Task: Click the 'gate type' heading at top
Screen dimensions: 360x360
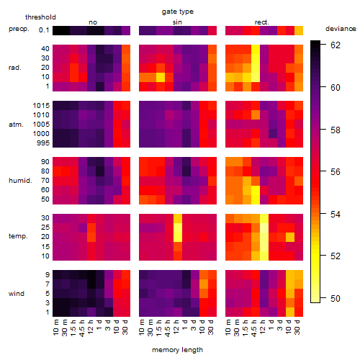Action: click(x=178, y=12)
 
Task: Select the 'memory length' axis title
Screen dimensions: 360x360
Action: click(x=177, y=350)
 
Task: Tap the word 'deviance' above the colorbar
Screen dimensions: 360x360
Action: click(x=341, y=29)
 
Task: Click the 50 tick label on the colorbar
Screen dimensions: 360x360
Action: click(x=336, y=299)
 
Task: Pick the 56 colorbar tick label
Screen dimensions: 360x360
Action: click(x=336, y=172)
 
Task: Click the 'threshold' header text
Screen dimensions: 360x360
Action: click(x=40, y=17)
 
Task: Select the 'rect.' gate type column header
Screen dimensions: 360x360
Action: click(x=262, y=22)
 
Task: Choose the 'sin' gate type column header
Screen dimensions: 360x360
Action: click(x=177, y=22)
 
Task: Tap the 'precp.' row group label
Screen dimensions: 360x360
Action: click(x=19, y=30)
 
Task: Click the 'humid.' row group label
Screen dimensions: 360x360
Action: click(x=20, y=181)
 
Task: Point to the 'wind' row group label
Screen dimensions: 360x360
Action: click(x=17, y=294)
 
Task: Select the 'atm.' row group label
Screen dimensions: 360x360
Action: click(x=16, y=125)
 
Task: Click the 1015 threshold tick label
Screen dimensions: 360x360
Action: click(x=41, y=106)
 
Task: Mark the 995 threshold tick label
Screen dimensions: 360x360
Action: click(x=43, y=143)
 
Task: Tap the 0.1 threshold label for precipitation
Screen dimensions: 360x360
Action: click(x=44, y=30)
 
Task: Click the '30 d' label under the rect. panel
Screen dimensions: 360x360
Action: click(x=297, y=327)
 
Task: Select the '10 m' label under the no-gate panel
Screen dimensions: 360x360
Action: click(x=55, y=327)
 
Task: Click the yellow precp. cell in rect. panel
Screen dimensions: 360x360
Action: click(x=299, y=30)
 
